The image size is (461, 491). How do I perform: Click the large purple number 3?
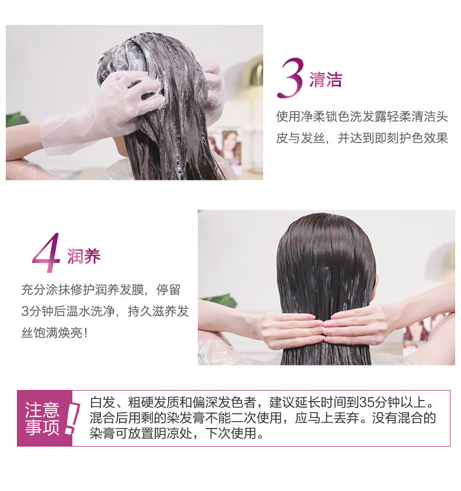pyautogui.click(x=290, y=78)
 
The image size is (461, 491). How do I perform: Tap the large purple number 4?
pyautogui.click(x=47, y=252)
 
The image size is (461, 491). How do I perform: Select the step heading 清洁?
pyautogui.click(x=326, y=79)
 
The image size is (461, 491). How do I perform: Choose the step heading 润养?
pyautogui.click(x=83, y=256)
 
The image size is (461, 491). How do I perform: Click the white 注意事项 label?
pyautogui.click(x=42, y=419)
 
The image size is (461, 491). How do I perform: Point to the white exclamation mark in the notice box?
pyautogui.click(x=72, y=419)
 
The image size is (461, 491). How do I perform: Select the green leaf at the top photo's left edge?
pyautogui.click(x=16, y=120)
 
